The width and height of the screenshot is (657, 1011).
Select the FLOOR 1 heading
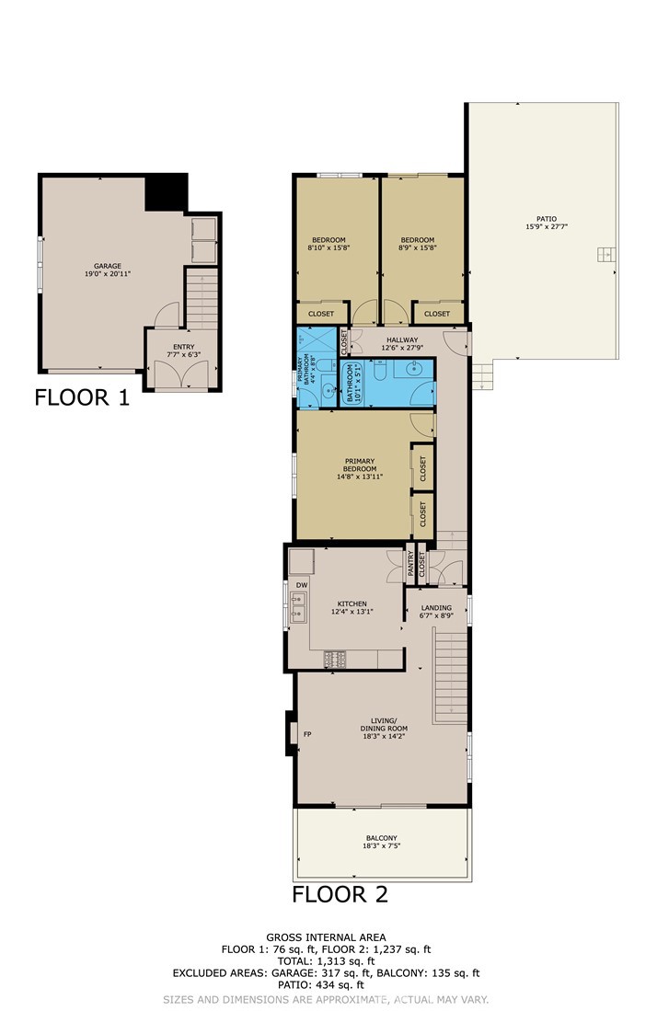(82, 397)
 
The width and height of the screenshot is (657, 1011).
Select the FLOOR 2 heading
(340, 894)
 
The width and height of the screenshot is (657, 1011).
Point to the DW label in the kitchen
(302, 585)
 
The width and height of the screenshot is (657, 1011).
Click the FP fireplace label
(307, 734)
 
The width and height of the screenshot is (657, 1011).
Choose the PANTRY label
(410, 563)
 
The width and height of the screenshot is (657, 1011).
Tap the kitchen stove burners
(335, 659)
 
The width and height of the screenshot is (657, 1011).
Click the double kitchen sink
(298, 608)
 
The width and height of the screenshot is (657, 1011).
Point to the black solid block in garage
(167, 192)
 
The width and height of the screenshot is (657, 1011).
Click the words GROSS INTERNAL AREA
(327, 937)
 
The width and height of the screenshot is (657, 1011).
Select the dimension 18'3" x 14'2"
(384, 736)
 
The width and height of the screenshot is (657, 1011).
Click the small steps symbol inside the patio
(606, 254)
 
